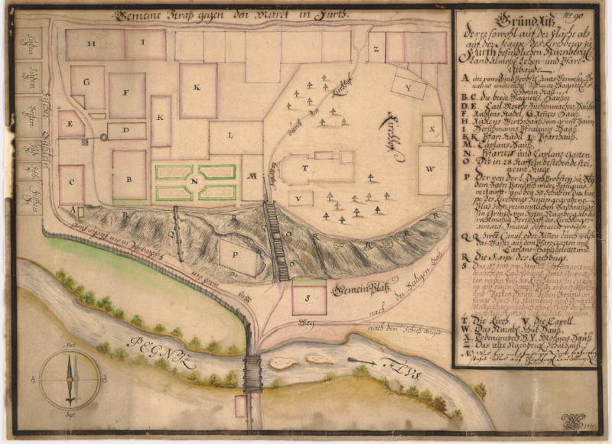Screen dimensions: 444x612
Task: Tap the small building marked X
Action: click(x=432, y=129)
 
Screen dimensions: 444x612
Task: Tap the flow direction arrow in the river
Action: click(x=362, y=361)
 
